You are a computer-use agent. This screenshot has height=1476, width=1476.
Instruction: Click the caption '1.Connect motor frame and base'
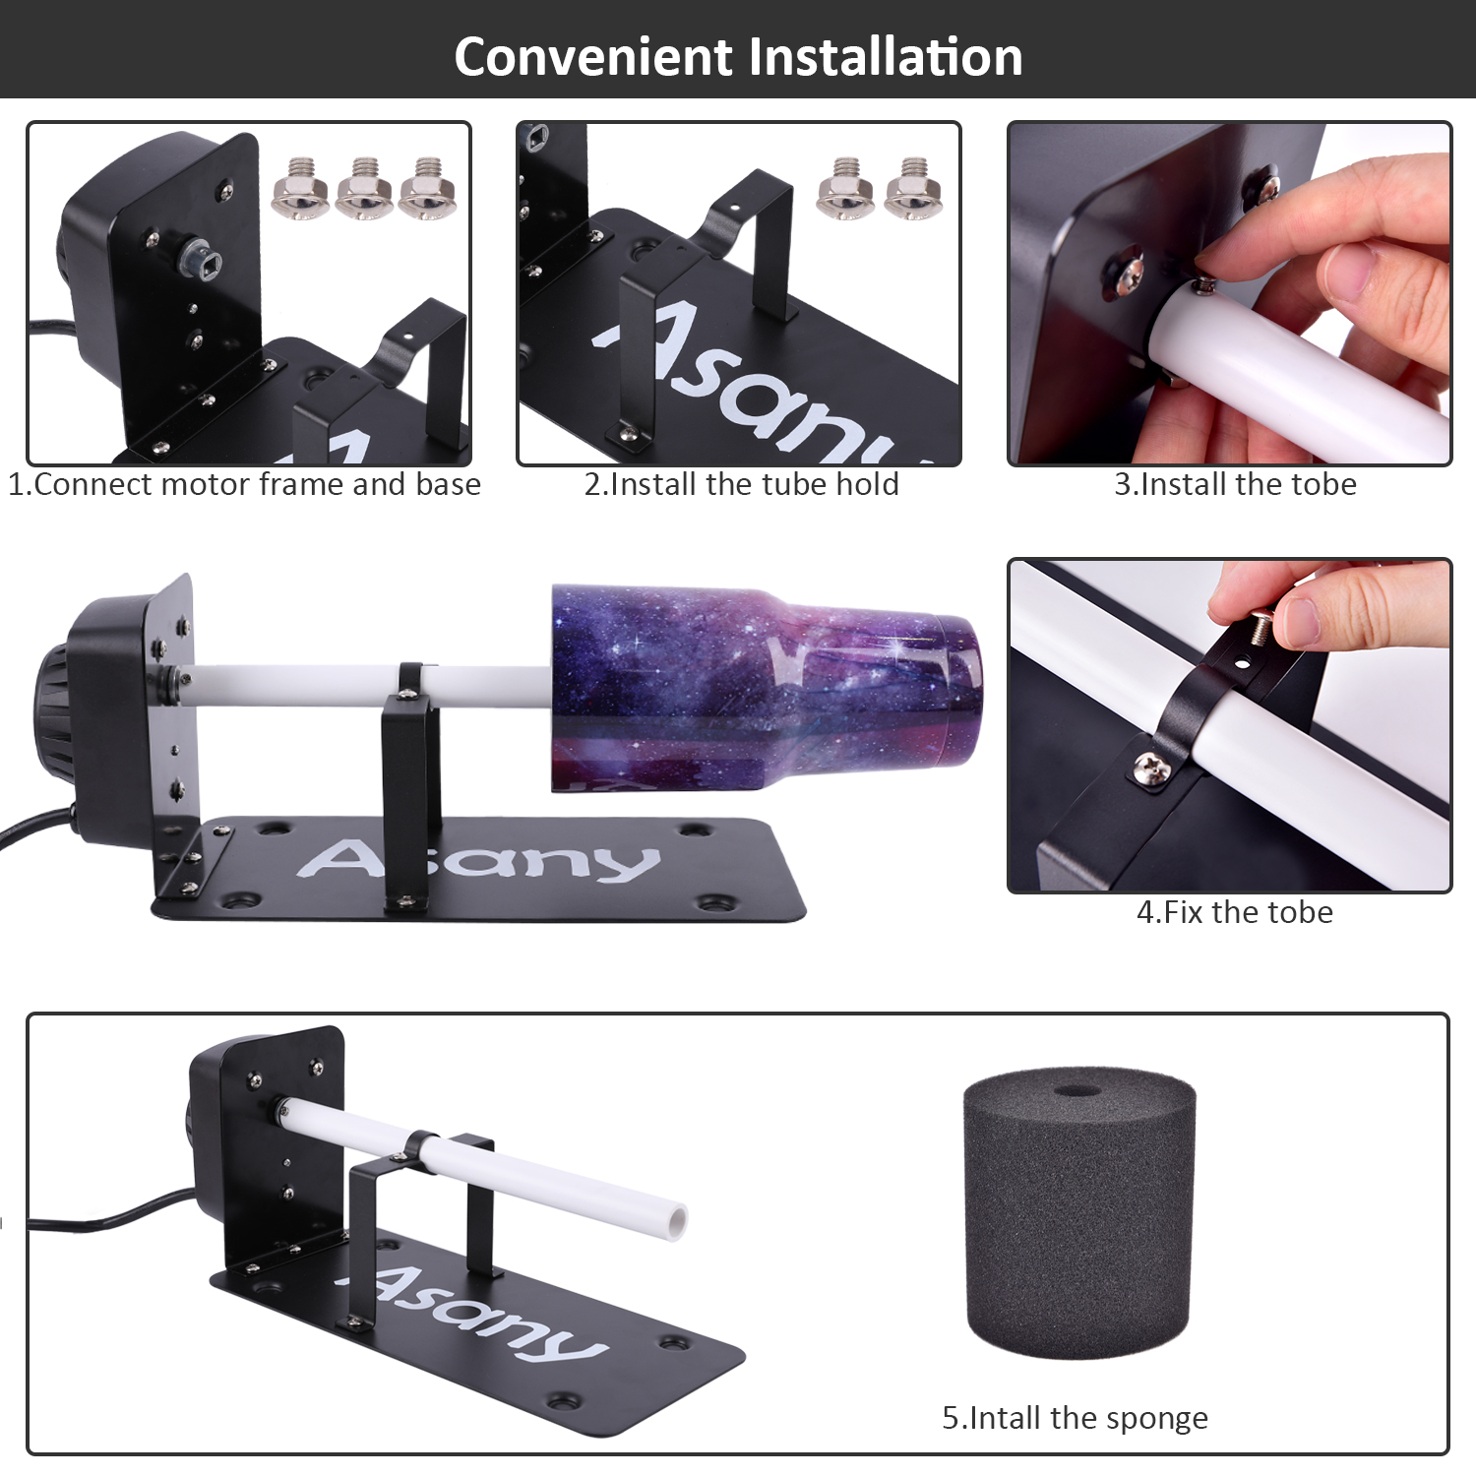point(244,484)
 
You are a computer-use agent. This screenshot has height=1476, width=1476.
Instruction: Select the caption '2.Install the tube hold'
point(741,484)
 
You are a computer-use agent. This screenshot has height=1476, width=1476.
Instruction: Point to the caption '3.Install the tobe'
point(1235,484)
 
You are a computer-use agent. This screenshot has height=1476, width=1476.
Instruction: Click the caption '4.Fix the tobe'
point(1235,912)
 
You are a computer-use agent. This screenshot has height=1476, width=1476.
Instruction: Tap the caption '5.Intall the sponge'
point(1075,1418)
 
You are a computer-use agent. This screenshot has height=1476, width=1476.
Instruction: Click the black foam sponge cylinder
point(1079,1215)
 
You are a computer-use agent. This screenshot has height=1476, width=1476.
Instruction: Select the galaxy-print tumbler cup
point(766,689)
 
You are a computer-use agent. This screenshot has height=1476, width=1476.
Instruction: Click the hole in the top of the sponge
point(1077,1091)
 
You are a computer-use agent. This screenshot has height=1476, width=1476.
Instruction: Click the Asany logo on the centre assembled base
point(478,861)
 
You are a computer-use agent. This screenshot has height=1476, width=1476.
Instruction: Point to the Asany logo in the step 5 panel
point(472,1309)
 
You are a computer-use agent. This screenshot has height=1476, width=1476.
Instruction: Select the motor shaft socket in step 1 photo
point(202,259)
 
